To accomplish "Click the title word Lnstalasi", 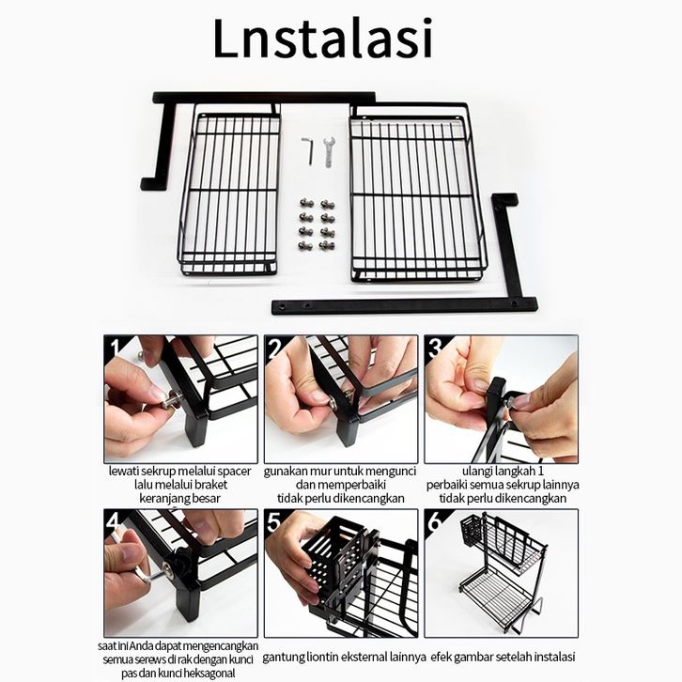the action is pyautogui.click(x=323, y=39).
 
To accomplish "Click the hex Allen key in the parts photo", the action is pyautogui.click(x=307, y=151).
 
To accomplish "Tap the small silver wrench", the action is pyautogui.click(x=329, y=152).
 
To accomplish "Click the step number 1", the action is pyautogui.click(x=115, y=348).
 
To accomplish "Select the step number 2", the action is pyautogui.click(x=275, y=348).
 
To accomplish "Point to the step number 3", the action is pyautogui.click(x=435, y=348).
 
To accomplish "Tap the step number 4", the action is pyautogui.click(x=115, y=521).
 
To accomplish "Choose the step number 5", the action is pyautogui.click(x=274, y=521).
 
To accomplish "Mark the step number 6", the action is pyautogui.click(x=435, y=521).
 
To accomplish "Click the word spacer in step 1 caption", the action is pyautogui.click(x=234, y=472).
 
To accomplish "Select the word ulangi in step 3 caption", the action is pyautogui.click(x=478, y=472).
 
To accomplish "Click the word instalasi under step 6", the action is pyautogui.click(x=554, y=656).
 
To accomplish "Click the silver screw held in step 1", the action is pyautogui.click(x=171, y=400).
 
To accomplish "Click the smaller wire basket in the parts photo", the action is pyautogui.click(x=229, y=192).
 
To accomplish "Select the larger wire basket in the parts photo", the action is pyautogui.click(x=417, y=192).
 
